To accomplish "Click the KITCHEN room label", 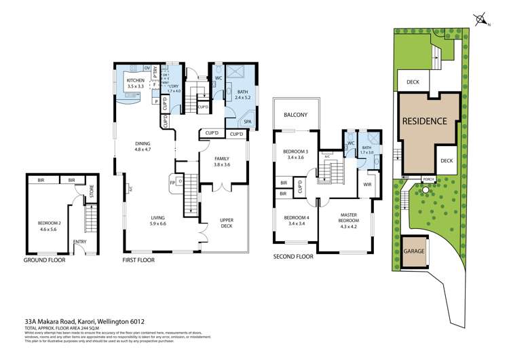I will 136,81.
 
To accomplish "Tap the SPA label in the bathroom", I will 248,122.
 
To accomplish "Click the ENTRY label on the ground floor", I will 80,241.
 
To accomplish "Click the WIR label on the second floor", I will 367,184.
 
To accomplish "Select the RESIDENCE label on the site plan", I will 425,122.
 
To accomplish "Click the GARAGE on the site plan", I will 414,251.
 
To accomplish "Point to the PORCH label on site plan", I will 428,179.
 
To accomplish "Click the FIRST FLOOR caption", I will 139,260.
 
